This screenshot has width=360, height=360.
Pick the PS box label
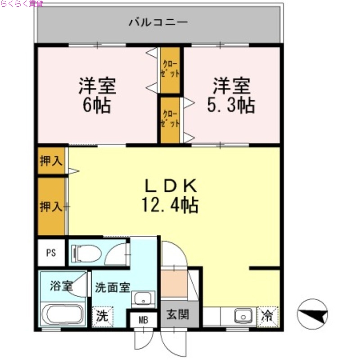51,252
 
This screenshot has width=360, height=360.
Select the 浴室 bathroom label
61,286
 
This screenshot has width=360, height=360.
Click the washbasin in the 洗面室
144,298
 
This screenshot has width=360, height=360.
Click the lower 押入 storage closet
51,207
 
